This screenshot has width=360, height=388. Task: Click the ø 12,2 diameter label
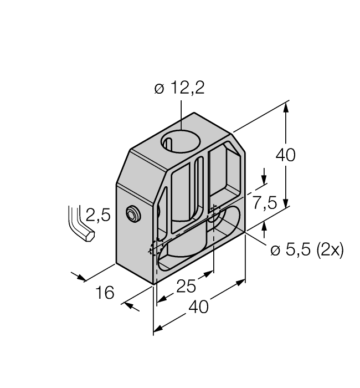tap(179, 88)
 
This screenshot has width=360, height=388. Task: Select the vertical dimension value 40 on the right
tap(285, 155)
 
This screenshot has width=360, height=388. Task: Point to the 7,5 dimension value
tap(265, 203)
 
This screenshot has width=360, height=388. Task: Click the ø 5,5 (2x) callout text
tap(307, 250)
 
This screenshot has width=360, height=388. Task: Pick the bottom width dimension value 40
tap(199, 307)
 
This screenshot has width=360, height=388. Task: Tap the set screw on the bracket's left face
tap(132, 214)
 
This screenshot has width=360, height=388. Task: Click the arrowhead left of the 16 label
tap(82, 278)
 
